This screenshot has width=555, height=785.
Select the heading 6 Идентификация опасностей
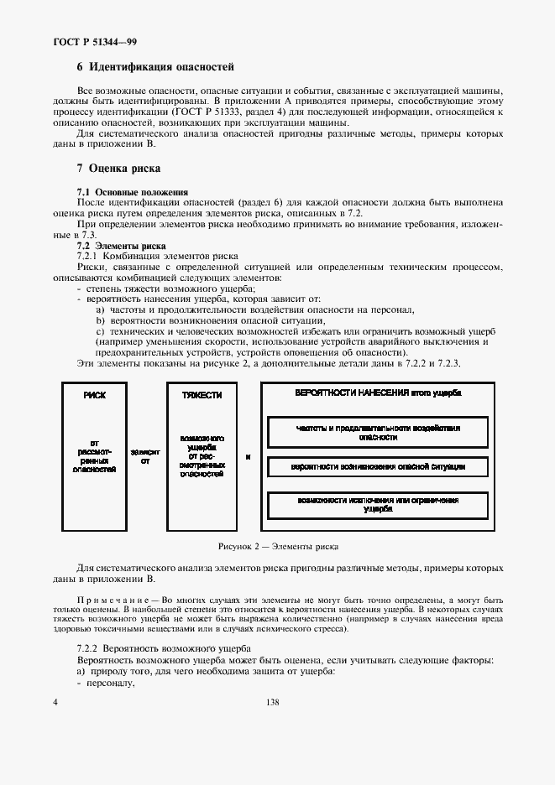[154, 66]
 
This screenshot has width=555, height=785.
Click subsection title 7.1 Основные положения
[133, 193]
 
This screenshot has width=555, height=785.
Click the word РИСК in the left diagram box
[94, 394]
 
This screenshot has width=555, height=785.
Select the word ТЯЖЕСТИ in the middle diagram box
[202, 394]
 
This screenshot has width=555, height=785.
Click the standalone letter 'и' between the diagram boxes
[248, 457]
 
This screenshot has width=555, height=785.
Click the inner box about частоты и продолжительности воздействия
[377, 432]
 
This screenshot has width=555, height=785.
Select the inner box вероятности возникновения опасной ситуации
[377, 465]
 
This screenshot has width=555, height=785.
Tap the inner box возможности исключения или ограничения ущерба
[377, 504]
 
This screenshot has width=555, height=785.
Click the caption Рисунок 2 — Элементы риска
[278, 546]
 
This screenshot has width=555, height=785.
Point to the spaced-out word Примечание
[113, 601]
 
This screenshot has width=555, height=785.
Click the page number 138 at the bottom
[271, 702]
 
